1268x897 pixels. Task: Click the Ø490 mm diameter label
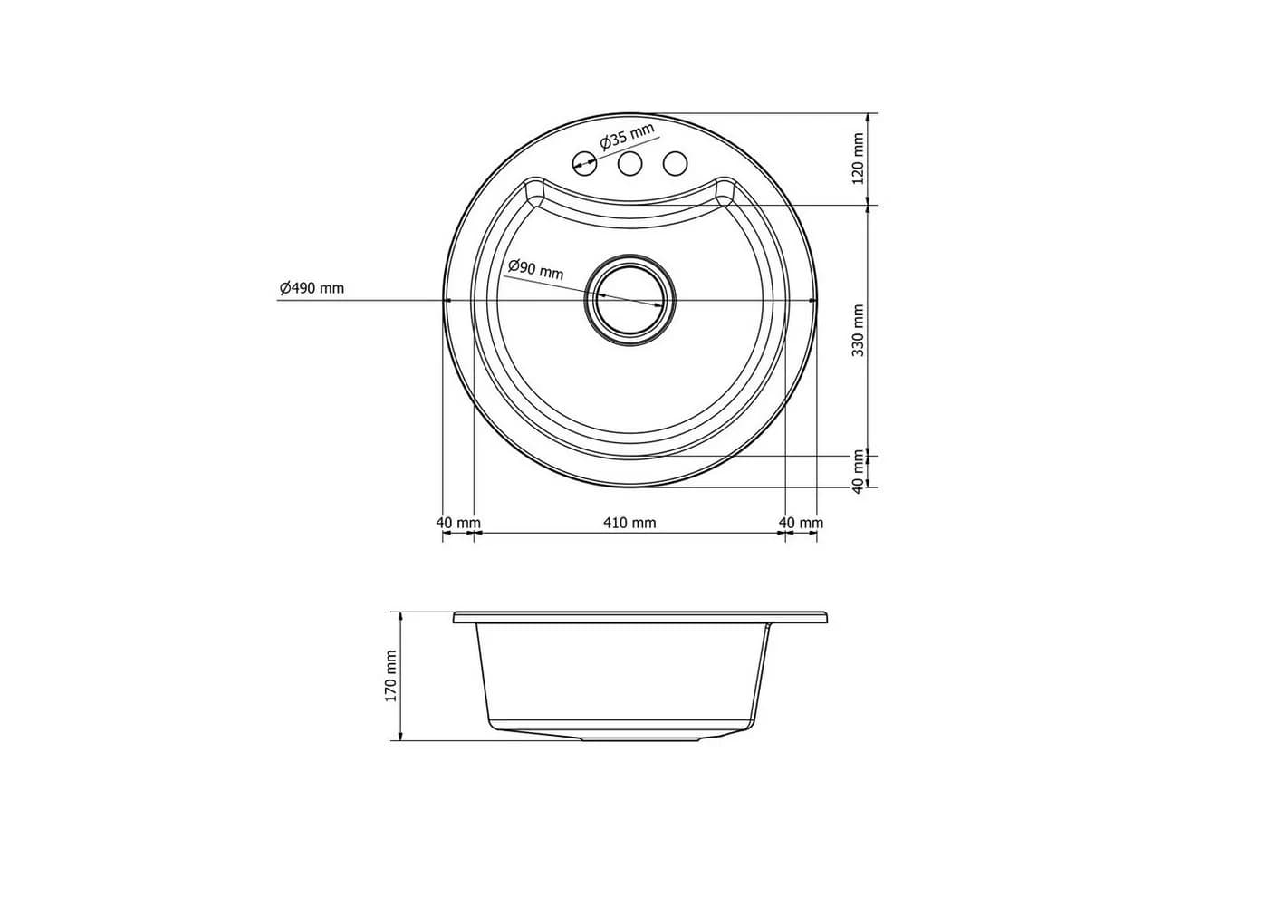[x=312, y=288]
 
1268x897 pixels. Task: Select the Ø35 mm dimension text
[x=627, y=137]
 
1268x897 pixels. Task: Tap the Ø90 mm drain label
[x=535, y=269]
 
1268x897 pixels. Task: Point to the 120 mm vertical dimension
[x=859, y=159]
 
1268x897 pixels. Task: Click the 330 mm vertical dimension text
[x=859, y=330]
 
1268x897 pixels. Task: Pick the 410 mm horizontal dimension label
[x=630, y=523]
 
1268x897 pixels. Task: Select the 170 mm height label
[x=390, y=676]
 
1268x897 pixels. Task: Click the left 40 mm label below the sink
[x=458, y=523]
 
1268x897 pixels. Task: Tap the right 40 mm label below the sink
[x=801, y=523]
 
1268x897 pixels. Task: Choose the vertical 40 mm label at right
[x=859, y=471]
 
